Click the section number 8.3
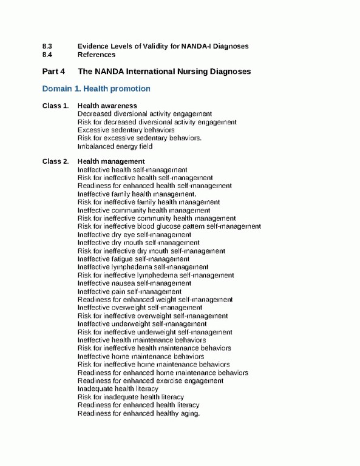point(47,46)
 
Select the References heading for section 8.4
point(97,55)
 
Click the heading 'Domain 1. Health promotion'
point(96,89)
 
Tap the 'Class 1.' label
point(55,106)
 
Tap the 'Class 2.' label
point(55,161)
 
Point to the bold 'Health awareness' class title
point(107,106)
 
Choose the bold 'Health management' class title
point(111,161)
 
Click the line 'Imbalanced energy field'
point(115,146)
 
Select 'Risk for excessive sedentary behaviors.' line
point(140,138)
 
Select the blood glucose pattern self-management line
point(169,226)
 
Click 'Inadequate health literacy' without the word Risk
point(118,388)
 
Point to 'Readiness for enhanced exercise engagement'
point(150,380)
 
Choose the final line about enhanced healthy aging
point(139,413)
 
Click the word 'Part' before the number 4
point(50,72)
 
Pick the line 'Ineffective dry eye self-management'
point(134,234)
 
